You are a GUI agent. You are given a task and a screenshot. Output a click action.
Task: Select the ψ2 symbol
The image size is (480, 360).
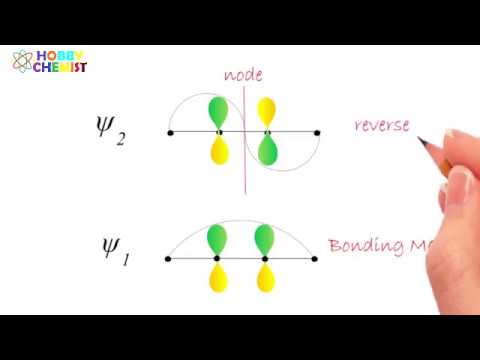[106, 131]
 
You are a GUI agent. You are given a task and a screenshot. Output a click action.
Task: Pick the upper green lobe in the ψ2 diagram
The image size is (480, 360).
[218, 112]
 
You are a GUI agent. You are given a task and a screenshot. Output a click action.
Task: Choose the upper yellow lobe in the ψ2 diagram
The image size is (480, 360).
[268, 112]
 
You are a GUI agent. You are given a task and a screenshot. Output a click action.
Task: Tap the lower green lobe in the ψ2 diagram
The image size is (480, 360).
[268, 151]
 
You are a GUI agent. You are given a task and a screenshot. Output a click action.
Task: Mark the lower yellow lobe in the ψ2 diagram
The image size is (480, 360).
[218, 151]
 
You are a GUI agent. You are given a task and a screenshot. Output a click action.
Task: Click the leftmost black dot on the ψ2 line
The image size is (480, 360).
[171, 132]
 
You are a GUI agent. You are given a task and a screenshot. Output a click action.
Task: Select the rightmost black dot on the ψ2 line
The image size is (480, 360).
[317, 132]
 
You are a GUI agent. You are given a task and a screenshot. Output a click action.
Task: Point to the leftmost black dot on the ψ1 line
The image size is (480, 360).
[168, 259]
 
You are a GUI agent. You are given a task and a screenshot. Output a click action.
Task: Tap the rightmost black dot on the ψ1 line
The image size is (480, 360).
[315, 259]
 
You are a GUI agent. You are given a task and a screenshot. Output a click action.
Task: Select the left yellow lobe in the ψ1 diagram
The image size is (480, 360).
[216, 278]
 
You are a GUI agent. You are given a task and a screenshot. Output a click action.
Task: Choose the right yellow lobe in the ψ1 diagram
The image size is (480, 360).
[265, 278]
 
